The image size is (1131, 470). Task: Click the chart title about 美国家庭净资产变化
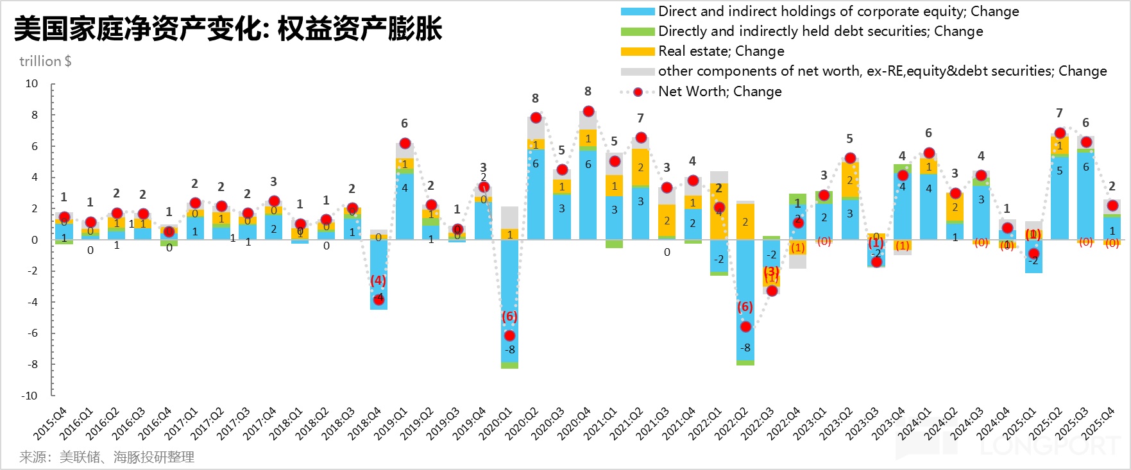(228, 29)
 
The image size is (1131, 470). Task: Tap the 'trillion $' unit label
(45, 62)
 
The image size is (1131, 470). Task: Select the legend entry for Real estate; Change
(720, 51)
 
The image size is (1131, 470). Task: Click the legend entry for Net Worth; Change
(719, 92)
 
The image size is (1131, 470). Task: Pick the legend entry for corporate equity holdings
(838, 12)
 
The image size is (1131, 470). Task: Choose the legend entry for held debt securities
(820, 31)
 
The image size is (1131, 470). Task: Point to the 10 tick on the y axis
(31, 84)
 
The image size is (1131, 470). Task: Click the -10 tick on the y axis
(30, 396)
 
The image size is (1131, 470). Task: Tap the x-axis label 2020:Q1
(496, 424)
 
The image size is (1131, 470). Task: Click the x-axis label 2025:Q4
(1098, 424)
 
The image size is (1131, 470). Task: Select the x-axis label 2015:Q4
(50, 424)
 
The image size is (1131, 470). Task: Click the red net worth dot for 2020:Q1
(509, 335)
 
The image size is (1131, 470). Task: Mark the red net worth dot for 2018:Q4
(378, 299)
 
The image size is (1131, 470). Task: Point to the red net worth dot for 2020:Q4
(588, 111)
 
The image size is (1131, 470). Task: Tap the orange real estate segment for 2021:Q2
(640, 167)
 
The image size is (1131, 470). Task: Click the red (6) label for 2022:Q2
(745, 307)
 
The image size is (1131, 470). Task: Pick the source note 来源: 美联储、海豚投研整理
(106, 457)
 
